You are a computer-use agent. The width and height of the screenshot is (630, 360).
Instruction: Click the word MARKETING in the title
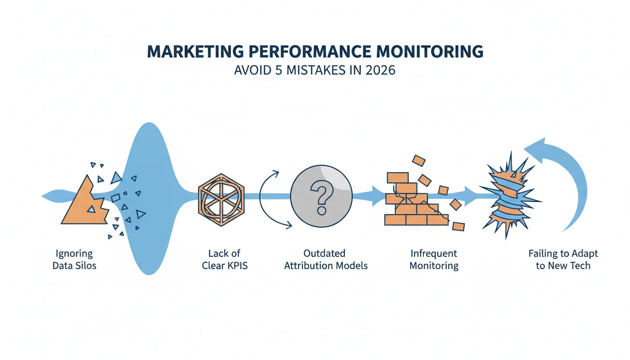[195, 52]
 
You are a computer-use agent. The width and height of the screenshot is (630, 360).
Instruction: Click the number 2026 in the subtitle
[381, 70]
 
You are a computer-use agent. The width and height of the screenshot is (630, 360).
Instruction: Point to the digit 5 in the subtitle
[278, 70]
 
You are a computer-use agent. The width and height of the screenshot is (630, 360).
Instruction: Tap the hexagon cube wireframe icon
[221, 200]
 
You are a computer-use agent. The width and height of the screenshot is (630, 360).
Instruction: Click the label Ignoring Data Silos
[74, 260]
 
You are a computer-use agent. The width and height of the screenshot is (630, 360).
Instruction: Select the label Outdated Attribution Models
[326, 260]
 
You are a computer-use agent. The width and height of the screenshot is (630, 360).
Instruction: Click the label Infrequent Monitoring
[434, 260]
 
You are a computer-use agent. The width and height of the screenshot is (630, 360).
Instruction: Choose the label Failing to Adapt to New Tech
[563, 260]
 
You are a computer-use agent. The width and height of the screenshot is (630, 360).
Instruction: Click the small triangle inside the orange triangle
[91, 209]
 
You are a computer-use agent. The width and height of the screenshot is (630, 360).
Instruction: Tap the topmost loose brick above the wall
[419, 161]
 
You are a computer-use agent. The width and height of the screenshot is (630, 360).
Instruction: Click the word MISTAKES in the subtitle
[316, 70]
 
